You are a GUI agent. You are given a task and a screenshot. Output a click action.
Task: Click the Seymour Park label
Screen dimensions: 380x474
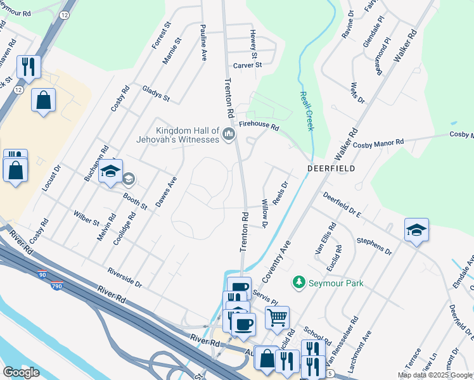[x=335, y=283]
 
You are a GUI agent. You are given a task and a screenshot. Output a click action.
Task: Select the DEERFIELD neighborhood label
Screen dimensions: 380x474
[x=331, y=168]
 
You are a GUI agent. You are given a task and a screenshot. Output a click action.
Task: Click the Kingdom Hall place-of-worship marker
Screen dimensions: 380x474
[x=229, y=134]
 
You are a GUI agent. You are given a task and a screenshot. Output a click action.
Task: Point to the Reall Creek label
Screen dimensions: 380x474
[x=306, y=110]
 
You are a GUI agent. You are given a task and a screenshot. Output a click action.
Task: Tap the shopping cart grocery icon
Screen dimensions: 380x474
[x=277, y=318]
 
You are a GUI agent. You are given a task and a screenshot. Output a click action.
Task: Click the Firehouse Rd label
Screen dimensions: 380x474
[x=259, y=127]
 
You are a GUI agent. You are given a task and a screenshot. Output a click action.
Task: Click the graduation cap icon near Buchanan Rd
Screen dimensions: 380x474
[x=110, y=172]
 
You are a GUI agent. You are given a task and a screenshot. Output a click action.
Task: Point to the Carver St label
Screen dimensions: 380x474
[x=247, y=65]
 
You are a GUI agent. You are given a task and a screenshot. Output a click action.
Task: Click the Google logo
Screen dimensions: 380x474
[x=21, y=372]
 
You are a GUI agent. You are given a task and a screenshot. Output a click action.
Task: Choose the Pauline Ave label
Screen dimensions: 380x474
[x=203, y=42]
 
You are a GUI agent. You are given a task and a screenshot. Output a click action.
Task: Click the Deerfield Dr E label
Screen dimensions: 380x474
[x=342, y=206]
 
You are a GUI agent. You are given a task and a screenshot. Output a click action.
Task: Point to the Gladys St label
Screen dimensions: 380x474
[x=156, y=94]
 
